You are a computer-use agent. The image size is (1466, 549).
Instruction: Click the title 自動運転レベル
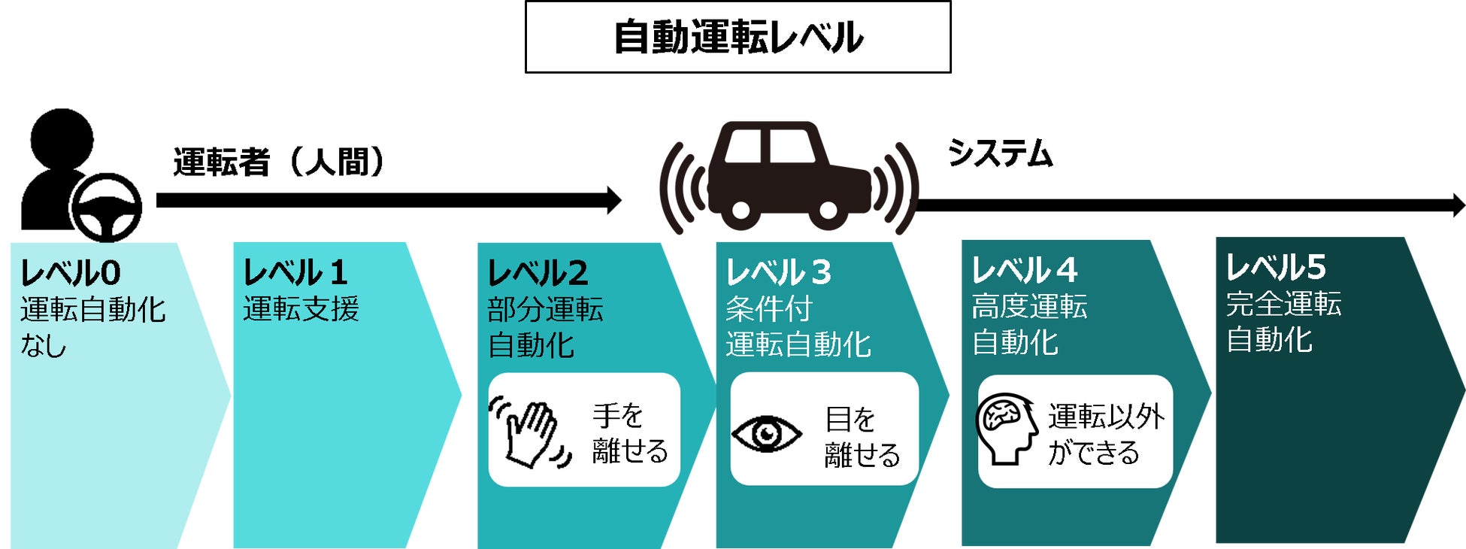738,37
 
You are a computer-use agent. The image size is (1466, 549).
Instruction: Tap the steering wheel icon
105,207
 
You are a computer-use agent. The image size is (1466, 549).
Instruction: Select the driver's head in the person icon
62,139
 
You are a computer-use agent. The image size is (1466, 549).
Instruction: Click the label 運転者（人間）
279,162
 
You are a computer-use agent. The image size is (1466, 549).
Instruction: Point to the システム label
999,153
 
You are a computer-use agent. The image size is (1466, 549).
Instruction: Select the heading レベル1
295,272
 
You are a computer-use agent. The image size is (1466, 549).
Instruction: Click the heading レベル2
538,272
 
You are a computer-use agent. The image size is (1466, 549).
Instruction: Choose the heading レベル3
778,272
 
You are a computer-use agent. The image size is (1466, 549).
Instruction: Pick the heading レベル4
1024,269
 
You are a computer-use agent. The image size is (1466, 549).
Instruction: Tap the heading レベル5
1276,266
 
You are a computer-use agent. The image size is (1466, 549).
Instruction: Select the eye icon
766,434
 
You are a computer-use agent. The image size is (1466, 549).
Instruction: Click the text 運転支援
301,309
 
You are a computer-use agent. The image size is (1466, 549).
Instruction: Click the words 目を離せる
862,437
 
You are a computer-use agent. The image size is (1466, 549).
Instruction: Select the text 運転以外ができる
1106,434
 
